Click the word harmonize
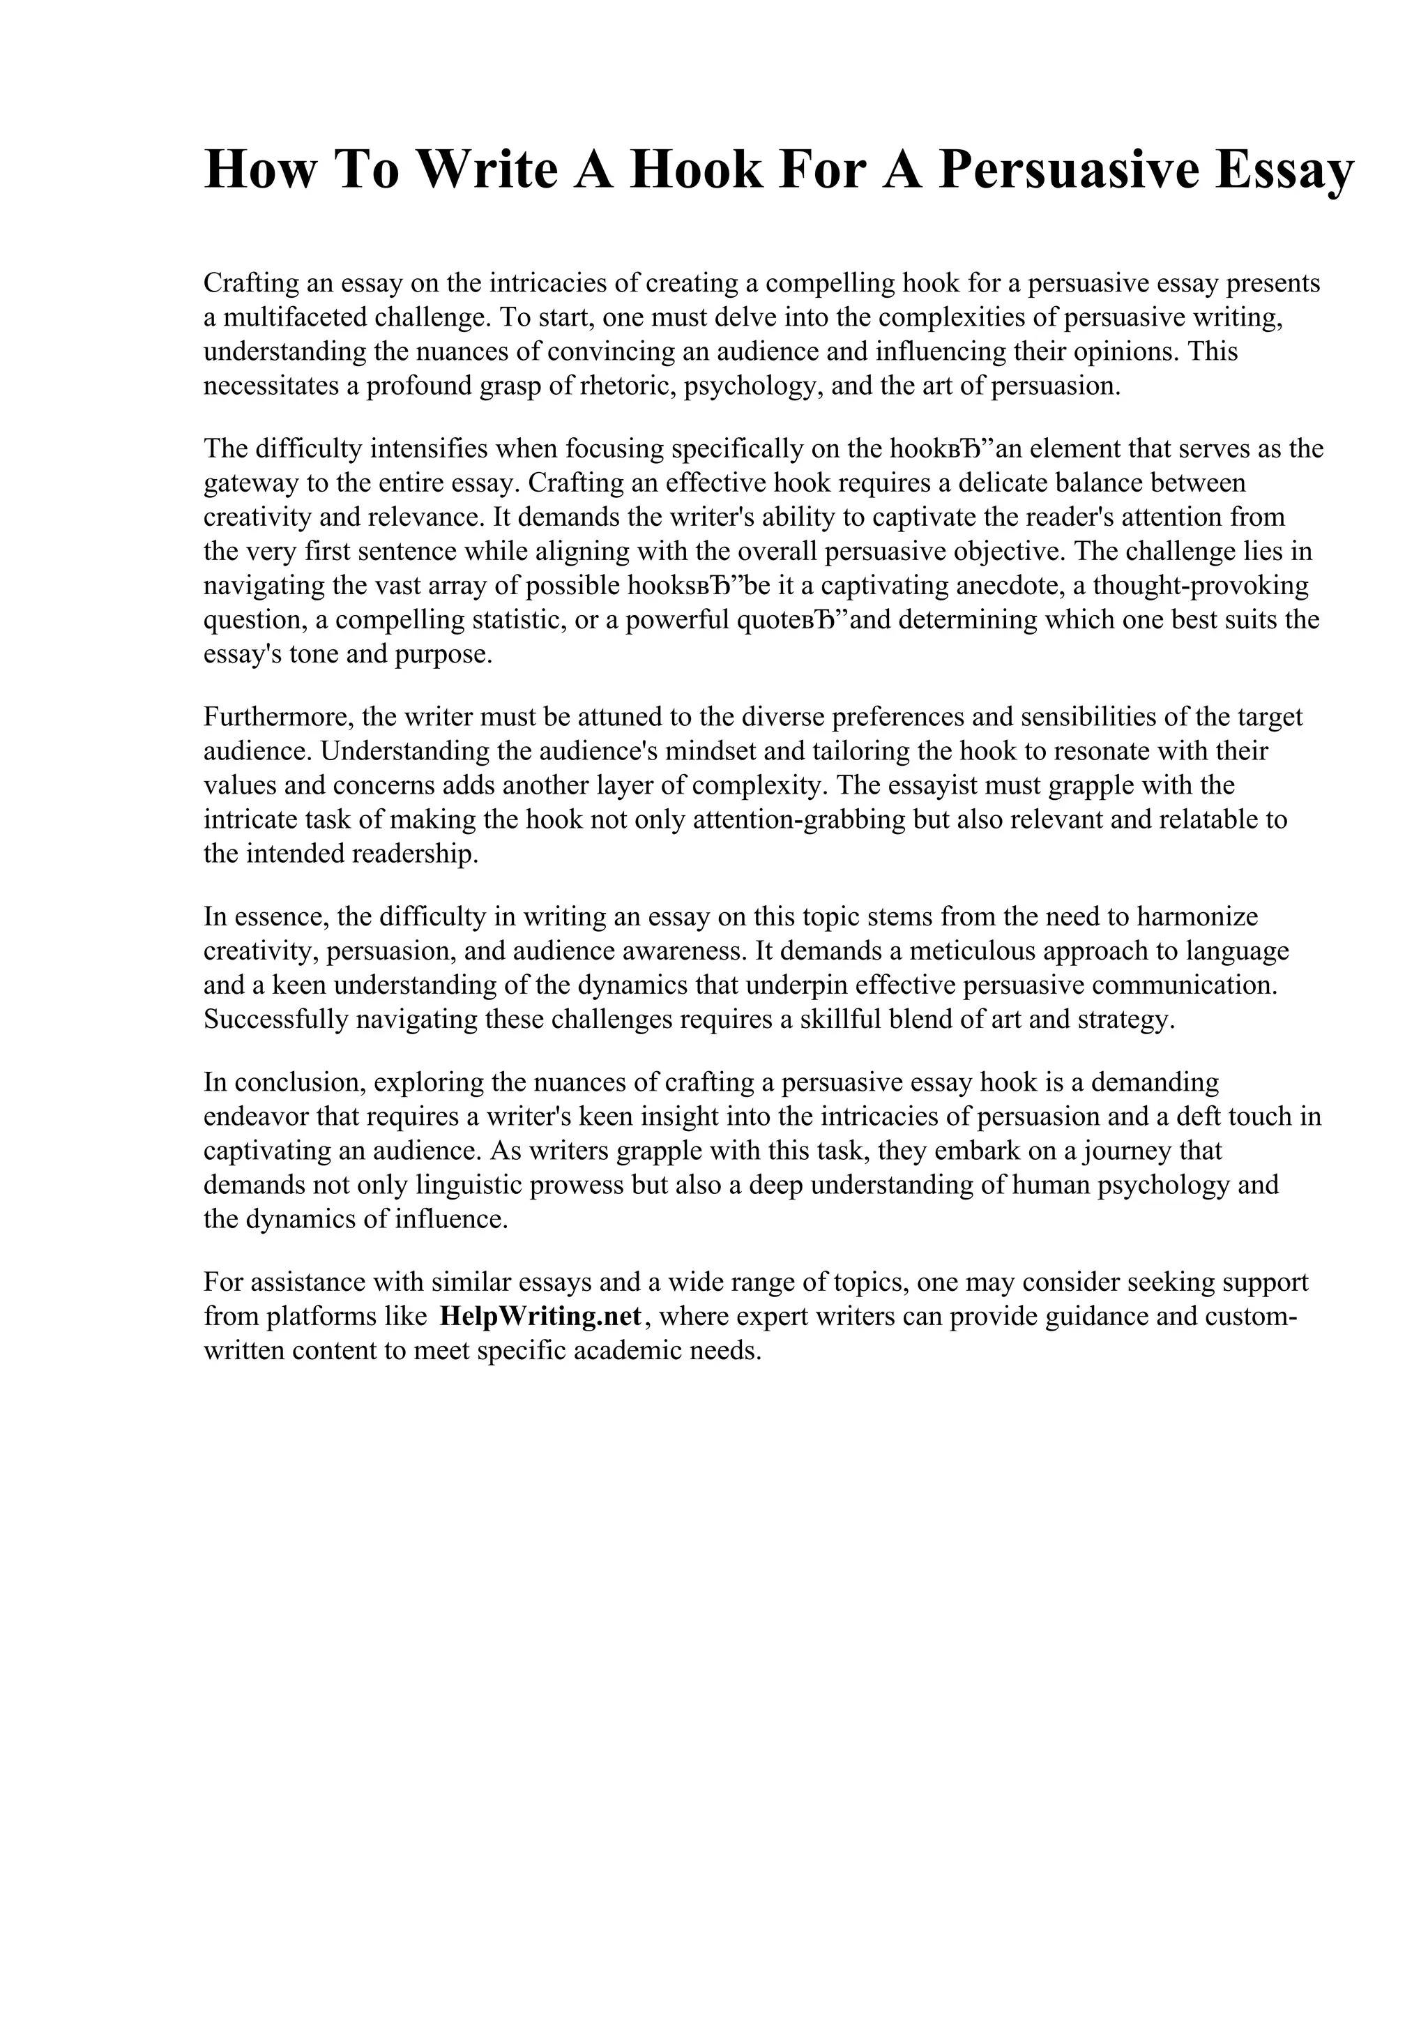[1197, 916]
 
